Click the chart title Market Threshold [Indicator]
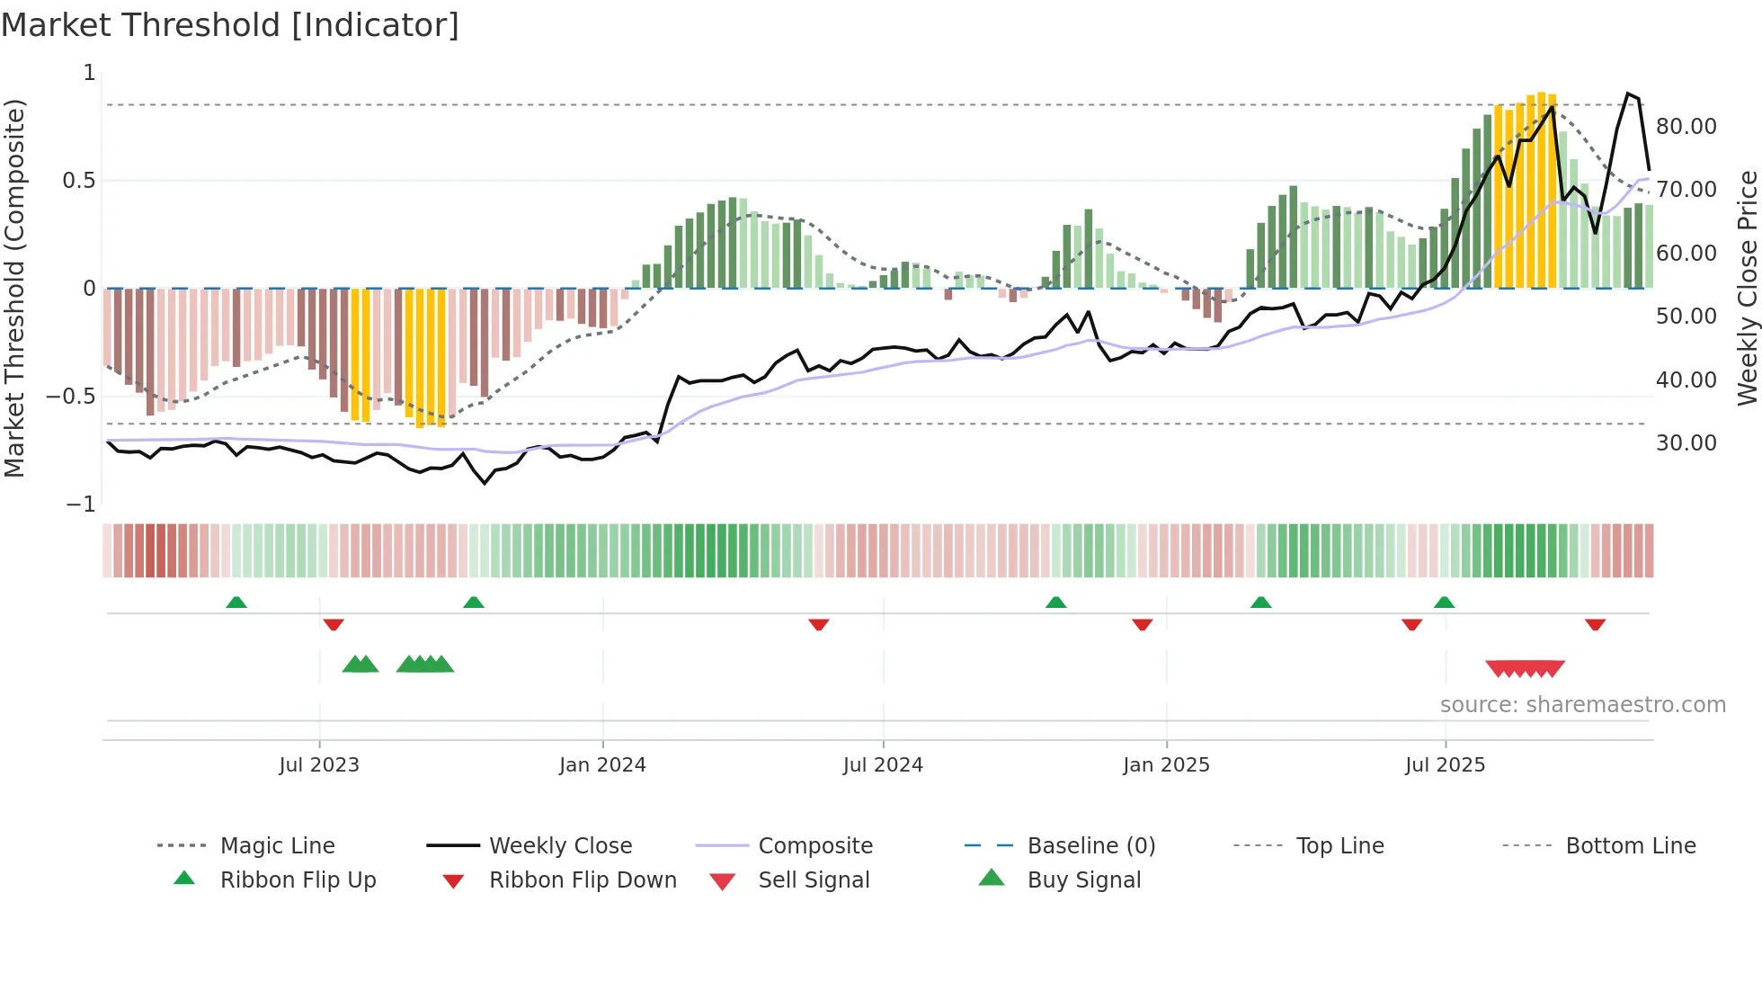[x=230, y=25]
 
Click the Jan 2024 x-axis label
[x=602, y=764]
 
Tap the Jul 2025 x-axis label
[x=1445, y=764]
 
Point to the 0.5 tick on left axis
[x=79, y=181]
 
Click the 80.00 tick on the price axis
[x=1686, y=127]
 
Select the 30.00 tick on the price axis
[x=1686, y=443]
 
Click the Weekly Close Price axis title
[x=1747, y=288]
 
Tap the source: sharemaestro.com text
[x=1582, y=704]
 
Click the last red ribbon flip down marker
[x=1595, y=624]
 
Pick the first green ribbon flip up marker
[x=236, y=603]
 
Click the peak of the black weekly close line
[x=1627, y=94]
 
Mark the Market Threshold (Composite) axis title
[x=14, y=288]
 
